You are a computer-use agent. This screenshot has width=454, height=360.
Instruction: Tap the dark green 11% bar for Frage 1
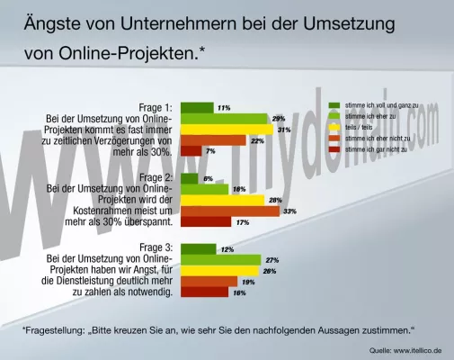197,107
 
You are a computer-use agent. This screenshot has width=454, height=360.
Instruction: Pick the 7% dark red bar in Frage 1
191,150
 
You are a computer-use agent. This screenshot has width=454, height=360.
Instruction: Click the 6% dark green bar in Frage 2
189,178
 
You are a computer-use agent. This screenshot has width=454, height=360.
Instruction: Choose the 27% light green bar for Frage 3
221,259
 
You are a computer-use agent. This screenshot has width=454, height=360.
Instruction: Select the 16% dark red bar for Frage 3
205,292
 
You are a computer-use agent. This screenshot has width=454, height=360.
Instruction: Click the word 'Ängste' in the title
57,22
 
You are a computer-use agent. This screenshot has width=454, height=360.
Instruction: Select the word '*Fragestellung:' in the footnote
53,329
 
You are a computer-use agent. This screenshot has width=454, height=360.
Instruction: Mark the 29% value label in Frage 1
279,118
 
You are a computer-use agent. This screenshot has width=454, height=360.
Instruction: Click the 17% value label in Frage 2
242,221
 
